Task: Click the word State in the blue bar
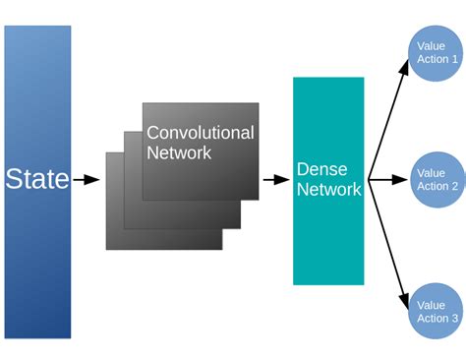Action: click(x=37, y=179)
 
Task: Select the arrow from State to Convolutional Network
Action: click(x=87, y=180)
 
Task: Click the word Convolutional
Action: click(x=200, y=133)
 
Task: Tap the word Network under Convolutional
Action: click(x=179, y=152)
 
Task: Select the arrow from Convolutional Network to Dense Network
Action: click(x=275, y=180)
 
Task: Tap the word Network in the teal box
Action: click(x=328, y=190)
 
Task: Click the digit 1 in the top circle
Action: click(x=454, y=59)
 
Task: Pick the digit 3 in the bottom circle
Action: click(x=454, y=319)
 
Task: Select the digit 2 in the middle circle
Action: click(x=454, y=186)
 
